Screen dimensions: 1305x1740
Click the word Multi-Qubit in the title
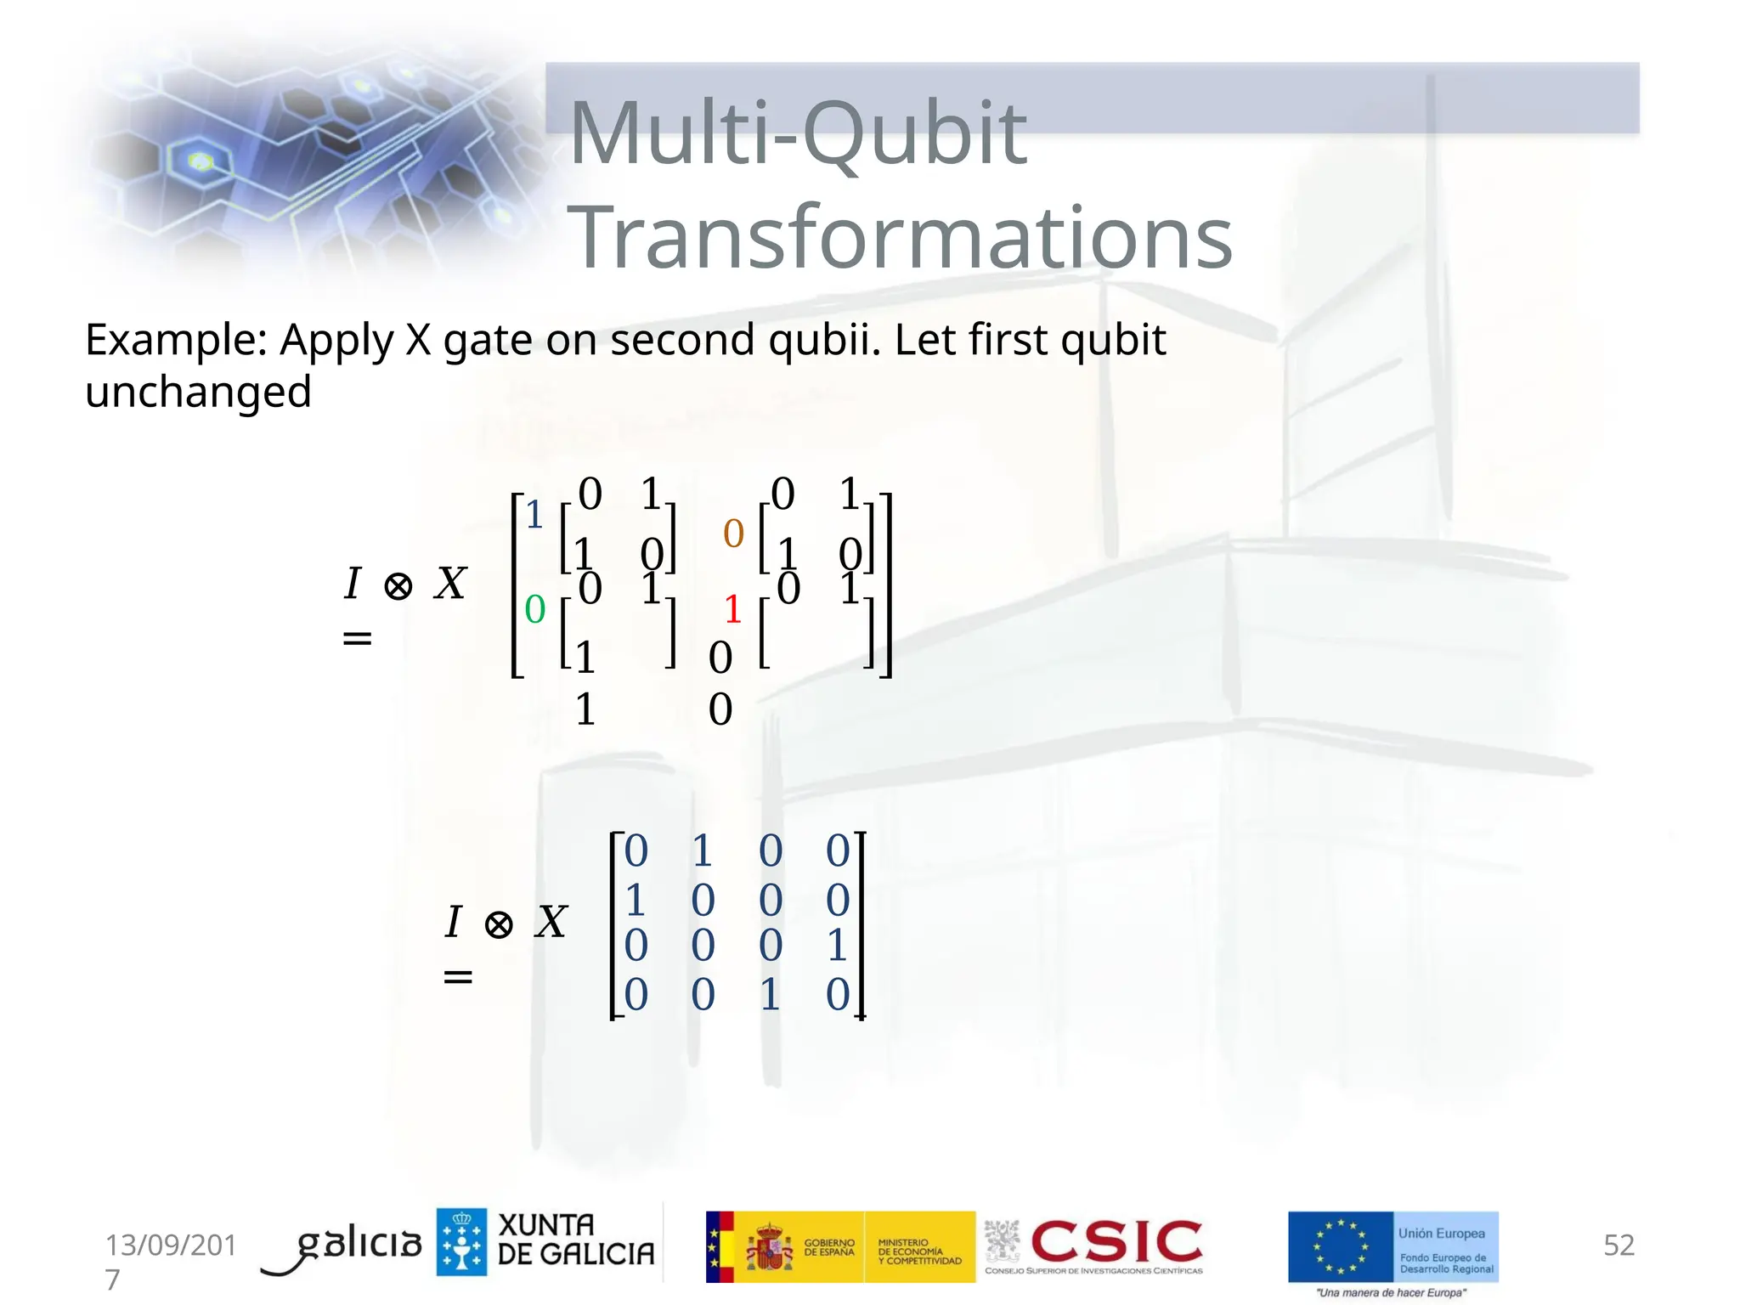(799, 134)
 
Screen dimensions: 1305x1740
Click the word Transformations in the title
(901, 238)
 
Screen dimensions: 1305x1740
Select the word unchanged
(198, 393)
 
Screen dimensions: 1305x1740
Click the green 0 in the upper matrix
(534, 609)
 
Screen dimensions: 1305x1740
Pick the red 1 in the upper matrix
(732, 609)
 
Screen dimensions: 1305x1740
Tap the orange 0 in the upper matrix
(732, 534)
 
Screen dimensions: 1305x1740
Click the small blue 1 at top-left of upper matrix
(534, 515)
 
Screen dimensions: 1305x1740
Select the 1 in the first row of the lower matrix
(702, 850)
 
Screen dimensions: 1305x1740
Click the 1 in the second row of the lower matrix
(635, 900)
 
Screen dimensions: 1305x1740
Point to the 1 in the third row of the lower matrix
(837, 945)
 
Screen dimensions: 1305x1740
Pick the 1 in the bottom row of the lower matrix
(770, 994)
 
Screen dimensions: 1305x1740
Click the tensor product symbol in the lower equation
(499, 924)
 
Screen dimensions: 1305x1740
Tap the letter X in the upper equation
(450, 584)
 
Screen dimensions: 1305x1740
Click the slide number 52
(1618, 1245)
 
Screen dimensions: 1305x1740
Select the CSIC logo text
(1116, 1241)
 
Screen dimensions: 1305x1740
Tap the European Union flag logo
(1340, 1246)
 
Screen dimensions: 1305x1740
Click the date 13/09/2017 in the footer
(170, 1246)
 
